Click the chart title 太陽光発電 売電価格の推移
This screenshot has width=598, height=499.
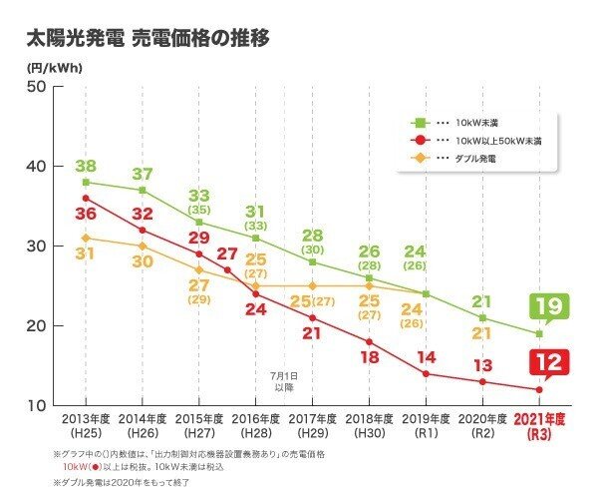[149, 40]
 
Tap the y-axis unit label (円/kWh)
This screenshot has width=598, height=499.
[53, 68]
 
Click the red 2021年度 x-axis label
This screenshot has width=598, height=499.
[541, 423]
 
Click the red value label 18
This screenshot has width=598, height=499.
[371, 356]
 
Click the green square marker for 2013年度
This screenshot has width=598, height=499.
[87, 183]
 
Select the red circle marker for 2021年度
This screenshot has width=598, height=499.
[540, 389]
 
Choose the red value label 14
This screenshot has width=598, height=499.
[427, 356]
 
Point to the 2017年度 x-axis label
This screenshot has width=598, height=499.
[314, 423]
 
